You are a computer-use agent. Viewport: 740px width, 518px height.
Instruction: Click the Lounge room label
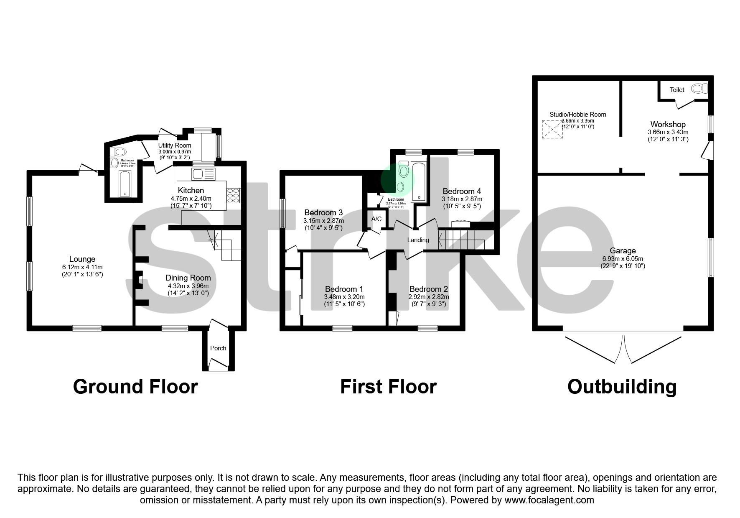[x=82, y=259]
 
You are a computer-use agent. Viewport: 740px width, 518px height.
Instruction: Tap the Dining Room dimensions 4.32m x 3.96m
[x=188, y=286]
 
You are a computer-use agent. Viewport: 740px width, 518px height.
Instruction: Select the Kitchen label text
[x=191, y=191]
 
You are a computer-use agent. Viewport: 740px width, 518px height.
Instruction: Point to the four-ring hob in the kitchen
[x=234, y=196]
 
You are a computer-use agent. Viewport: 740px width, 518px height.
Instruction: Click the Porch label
[x=218, y=348]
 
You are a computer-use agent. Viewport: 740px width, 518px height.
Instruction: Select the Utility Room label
[x=175, y=145]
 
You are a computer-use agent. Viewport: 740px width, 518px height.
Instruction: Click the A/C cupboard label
[x=376, y=219]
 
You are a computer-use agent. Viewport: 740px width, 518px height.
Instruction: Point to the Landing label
[x=418, y=240]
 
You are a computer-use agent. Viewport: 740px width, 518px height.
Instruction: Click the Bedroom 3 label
[x=323, y=213]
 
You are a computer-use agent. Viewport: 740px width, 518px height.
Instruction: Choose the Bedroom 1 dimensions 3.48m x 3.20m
[x=344, y=297]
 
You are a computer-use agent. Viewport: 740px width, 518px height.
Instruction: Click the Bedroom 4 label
[x=462, y=191]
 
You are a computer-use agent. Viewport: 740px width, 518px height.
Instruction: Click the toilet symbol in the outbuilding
[x=699, y=89]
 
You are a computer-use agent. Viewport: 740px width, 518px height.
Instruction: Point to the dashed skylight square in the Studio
[x=552, y=130]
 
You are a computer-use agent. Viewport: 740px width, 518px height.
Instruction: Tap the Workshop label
[x=668, y=124]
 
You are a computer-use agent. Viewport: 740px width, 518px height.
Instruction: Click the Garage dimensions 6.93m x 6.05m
[x=623, y=258]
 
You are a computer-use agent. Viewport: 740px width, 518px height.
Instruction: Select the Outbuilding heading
[x=622, y=387]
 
